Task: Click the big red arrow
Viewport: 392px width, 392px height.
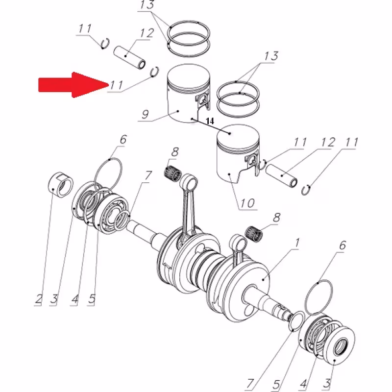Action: (69, 84)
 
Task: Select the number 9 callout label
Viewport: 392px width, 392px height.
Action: (146, 116)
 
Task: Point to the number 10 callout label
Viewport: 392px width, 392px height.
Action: (248, 202)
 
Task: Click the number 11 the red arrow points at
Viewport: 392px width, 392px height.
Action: (116, 84)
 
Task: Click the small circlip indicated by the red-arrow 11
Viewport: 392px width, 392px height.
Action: (155, 72)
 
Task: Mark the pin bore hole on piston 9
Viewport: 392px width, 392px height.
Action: (201, 103)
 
